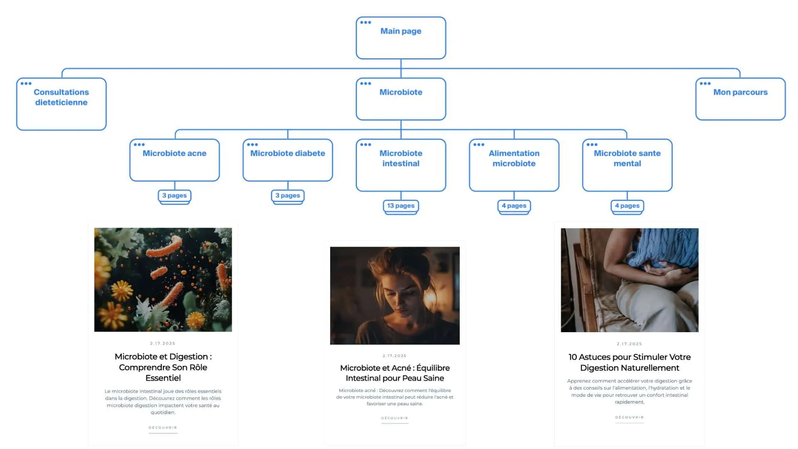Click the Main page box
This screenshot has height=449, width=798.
pos(401,38)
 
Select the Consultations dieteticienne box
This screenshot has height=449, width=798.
pos(61,104)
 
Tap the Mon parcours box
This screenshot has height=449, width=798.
pos(740,99)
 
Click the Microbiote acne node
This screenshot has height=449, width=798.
pos(175,160)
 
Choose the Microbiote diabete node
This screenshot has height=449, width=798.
pos(288,160)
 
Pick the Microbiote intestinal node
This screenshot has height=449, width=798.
pos(401,165)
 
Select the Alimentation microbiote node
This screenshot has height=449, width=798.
pos(514,165)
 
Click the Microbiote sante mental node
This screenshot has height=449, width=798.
pos(627,165)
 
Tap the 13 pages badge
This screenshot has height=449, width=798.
pos(401,206)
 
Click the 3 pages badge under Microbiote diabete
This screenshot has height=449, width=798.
pos(288,195)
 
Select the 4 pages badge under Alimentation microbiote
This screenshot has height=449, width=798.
pos(514,206)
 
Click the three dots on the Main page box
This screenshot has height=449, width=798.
pos(366,22)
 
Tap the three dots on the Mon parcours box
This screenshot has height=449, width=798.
pos(705,84)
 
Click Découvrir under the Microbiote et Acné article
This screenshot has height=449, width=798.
pos(394,418)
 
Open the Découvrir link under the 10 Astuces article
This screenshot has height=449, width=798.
pos(629,417)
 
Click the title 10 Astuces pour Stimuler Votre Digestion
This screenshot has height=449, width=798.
pos(629,362)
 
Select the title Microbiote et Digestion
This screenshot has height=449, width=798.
pos(163,367)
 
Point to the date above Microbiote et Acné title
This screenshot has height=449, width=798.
pos(394,356)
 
